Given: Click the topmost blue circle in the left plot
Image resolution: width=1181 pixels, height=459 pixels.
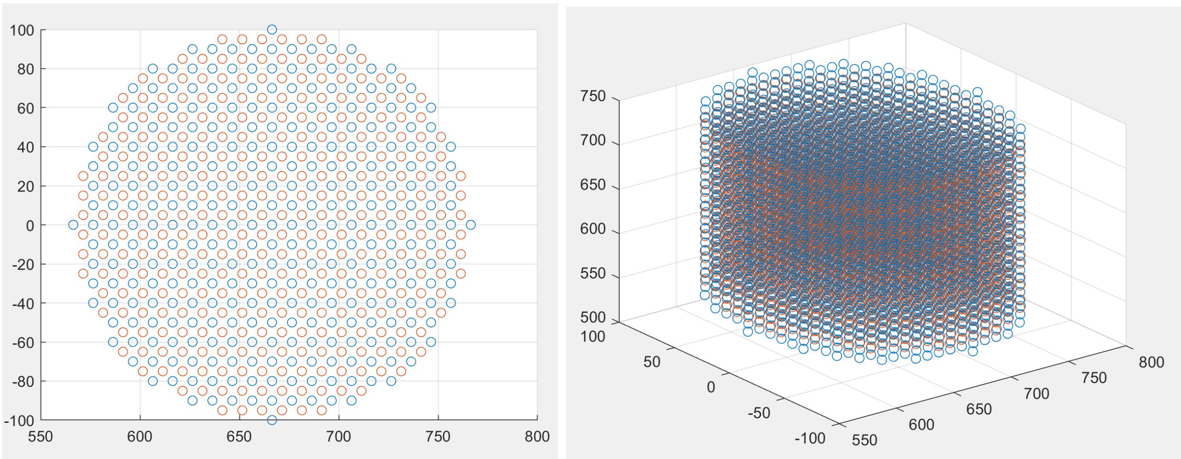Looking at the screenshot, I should point(272,29).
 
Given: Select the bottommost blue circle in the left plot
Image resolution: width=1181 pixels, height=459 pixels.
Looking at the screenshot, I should point(272,420).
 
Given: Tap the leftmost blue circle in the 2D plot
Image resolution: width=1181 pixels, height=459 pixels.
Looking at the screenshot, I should point(73,225).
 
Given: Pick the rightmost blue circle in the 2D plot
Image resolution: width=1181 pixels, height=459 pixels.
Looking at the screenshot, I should point(471,225).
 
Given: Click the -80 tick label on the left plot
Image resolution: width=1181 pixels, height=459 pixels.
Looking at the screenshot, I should point(21,382).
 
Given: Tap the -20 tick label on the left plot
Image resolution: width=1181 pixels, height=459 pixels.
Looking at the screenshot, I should point(21,265).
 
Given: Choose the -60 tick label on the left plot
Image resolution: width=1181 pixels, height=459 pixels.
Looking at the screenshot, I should point(21,343).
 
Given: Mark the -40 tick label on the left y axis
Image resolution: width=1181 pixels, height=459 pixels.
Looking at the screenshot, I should point(21,304).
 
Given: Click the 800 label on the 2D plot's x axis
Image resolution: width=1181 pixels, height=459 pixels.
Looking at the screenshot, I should point(537,437).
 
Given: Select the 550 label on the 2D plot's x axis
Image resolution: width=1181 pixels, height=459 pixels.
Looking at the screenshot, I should point(40,437).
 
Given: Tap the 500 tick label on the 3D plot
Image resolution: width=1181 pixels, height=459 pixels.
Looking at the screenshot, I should point(593,317).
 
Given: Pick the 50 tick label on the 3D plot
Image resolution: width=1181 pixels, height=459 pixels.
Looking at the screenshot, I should point(651,362).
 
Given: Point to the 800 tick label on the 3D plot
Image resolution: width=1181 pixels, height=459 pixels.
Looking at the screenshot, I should point(1151,363).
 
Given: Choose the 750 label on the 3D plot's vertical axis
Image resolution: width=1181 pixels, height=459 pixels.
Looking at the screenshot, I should point(593,96).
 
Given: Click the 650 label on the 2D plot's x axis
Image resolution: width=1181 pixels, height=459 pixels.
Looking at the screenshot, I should point(239,437).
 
